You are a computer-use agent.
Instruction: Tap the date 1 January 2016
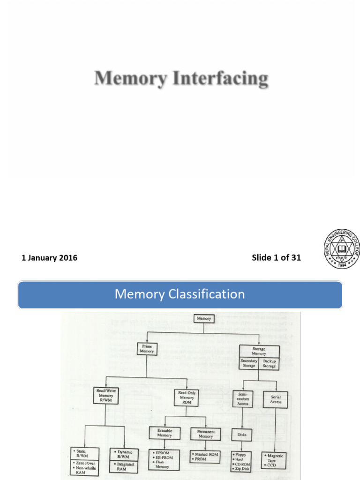point(49,258)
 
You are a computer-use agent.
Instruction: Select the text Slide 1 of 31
point(276,258)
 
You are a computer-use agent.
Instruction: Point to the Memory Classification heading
point(180,294)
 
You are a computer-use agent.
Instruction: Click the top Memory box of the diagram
point(204,319)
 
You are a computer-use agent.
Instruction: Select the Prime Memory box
point(147,348)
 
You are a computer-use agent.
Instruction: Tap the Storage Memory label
point(259,352)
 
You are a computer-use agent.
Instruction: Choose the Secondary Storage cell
point(249,363)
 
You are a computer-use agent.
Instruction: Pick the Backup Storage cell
point(269,363)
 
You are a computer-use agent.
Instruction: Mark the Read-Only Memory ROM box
point(187,397)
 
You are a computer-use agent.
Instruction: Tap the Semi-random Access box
point(243,398)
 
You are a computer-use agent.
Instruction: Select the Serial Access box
point(276,399)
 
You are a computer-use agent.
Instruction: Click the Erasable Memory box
point(164,433)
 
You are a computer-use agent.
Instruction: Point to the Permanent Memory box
point(205,434)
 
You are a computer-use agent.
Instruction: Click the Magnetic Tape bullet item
point(275,457)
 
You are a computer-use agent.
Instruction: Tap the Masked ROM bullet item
point(206,455)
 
